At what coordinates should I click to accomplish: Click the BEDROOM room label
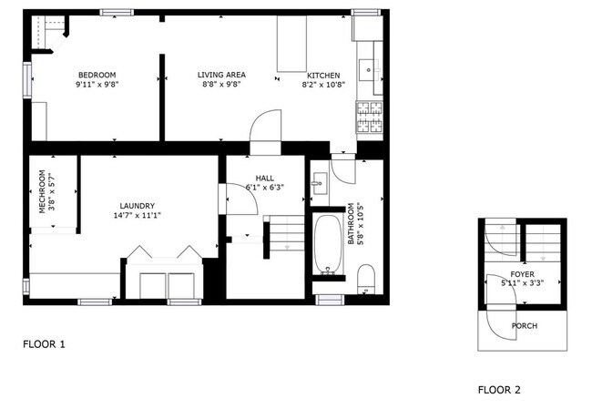tap(97, 75)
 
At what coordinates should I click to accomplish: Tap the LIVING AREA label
tap(222, 75)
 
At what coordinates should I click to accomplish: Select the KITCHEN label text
tap(323, 75)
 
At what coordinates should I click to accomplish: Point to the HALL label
tap(264, 178)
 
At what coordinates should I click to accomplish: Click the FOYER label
tap(522, 273)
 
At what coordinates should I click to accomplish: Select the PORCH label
tap(524, 325)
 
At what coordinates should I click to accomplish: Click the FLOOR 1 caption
tap(44, 344)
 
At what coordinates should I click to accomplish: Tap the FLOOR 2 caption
tap(499, 390)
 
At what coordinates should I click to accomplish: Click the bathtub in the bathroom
tap(328, 243)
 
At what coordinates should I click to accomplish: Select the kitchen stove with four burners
tap(370, 118)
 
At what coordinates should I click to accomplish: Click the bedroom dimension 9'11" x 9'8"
tap(97, 85)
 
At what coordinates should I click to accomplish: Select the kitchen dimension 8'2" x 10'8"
tap(323, 85)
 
